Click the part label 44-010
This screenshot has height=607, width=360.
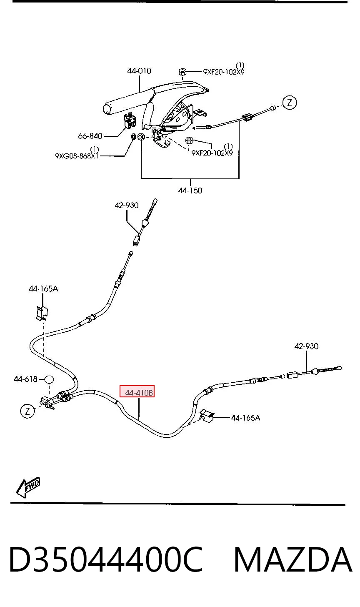tap(139, 71)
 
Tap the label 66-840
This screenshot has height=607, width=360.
tap(90, 136)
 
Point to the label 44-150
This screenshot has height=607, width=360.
tap(190, 190)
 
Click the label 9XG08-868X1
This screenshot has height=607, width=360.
tap(77, 156)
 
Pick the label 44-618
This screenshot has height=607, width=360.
tap(25, 379)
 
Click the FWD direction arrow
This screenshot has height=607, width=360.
tap(28, 487)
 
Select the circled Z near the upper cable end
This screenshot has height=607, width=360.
tap(289, 103)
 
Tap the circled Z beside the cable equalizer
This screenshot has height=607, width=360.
tap(27, 411)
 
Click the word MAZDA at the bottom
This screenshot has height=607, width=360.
tap(293, 560)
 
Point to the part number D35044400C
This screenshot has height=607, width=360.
tap(106, 560)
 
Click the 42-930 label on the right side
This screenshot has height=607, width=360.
tap(306, 346)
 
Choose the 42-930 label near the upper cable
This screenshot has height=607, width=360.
tap(127, 205)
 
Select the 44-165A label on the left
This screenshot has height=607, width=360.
tap(43, 288)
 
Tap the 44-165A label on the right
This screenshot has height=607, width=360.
tap(245, 418)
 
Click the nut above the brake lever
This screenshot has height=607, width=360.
tap(182, 72)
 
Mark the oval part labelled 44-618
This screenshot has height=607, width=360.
tap(49, 379)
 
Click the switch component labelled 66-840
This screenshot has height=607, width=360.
tap(130, 121)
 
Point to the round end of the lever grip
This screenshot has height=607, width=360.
tap(107, 109)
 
